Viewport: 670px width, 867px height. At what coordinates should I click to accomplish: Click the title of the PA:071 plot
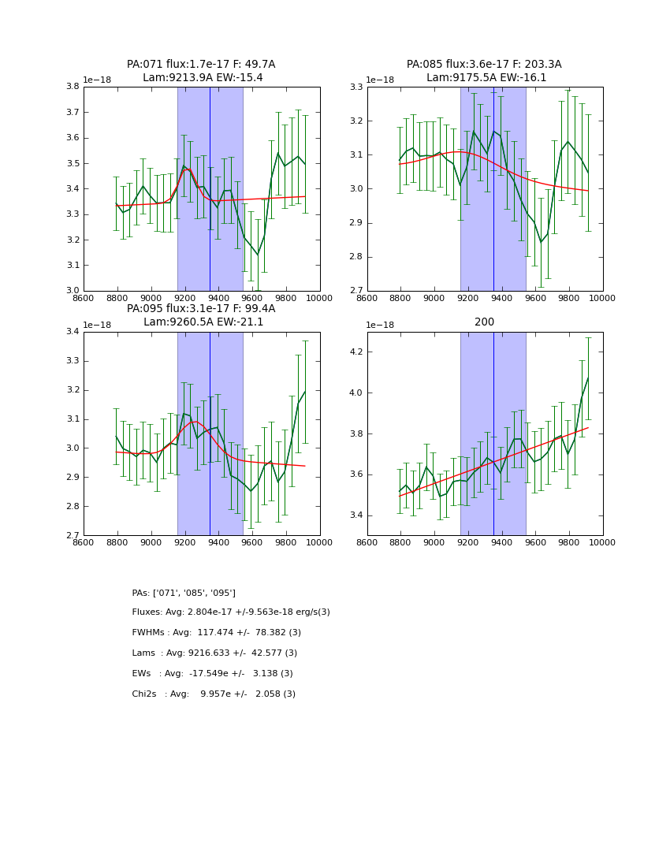(x=201, y=71)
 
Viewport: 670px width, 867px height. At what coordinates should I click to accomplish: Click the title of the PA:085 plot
(x=485, y=71)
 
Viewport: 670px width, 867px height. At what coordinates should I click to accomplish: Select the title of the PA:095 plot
(x=201, y=315)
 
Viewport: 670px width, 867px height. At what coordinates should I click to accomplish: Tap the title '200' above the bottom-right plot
(x=485, y=322)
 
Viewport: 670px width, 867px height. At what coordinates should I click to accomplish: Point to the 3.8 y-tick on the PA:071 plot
(x=72, y=87)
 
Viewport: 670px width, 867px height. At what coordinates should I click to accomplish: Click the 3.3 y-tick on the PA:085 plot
(x=355, y=87)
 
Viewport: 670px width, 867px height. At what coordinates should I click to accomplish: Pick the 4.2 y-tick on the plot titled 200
(x=355, y=352)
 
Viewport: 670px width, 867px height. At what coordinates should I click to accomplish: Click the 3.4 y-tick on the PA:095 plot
(x=72, y=332)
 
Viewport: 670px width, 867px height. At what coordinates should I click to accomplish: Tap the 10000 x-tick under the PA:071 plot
(x=319, y=297)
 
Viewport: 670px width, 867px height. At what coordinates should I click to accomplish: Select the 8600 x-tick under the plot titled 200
(x=367, y=542)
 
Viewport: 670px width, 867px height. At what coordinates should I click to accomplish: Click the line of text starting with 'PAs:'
(x=184, y=593)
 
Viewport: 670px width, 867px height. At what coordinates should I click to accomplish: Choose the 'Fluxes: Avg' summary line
(x=231, y=612)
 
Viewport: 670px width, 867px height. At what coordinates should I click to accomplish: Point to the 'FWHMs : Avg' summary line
(x=217, y=633)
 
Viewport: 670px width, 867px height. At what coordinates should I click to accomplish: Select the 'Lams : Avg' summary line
(x=214, y=653)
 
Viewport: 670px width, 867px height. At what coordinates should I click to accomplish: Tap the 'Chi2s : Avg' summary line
(x=214, y=694)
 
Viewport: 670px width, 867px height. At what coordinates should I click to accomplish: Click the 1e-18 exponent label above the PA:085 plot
(x=380, y=80)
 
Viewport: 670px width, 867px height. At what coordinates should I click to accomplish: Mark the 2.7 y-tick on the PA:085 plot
(x=355, y=291)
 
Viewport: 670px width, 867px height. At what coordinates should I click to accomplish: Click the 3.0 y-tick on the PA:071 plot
(x=72, y=291)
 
